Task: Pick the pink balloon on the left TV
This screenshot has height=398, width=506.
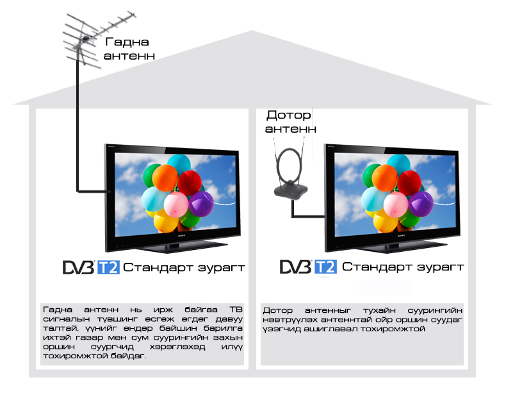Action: pyautogui.click(x=176, y=204)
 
